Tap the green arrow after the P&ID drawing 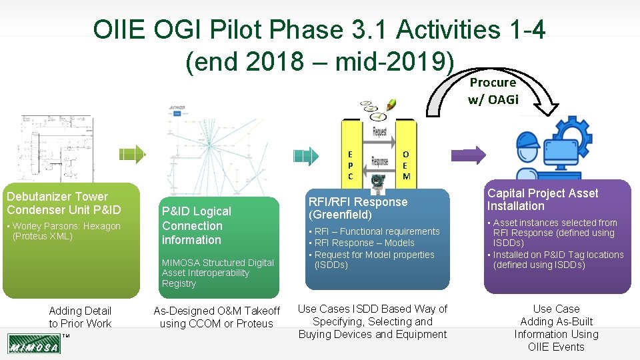pos(134,154)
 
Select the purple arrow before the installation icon pos(475,155)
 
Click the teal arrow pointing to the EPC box pos(306,155)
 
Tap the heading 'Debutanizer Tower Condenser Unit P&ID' pos(64,203)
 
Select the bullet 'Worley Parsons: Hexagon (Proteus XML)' pos(65,231)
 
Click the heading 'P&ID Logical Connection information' pos(196,225)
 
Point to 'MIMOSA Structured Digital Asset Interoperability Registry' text pos(217,273)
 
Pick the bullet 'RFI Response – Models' pos(364,243)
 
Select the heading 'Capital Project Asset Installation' pos(542,199)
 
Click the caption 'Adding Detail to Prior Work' pos(80,317)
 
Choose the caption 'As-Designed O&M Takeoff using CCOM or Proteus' pos(217,317)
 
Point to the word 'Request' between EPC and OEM pos(379,131)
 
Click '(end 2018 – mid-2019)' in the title pos(319,62)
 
